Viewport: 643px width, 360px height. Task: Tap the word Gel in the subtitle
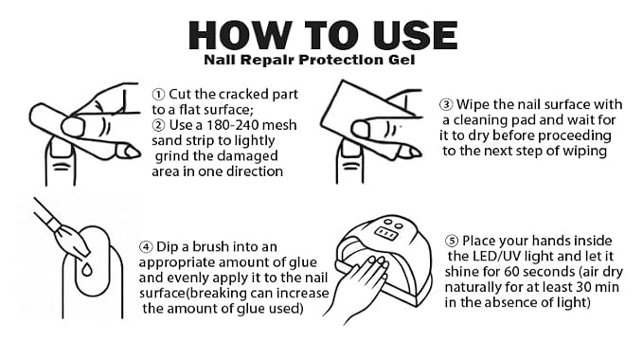[402, 60]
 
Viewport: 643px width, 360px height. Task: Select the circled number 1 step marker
[158, 95]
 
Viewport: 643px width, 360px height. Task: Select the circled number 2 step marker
[158, 125]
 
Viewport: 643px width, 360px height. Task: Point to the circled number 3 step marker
[446, 104]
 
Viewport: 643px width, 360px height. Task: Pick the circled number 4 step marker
[146, 247]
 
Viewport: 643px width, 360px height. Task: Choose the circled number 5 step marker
[452, 241]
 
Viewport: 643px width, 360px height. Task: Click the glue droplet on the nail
[86, 270]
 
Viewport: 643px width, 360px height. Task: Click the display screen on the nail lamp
[385, 234]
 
